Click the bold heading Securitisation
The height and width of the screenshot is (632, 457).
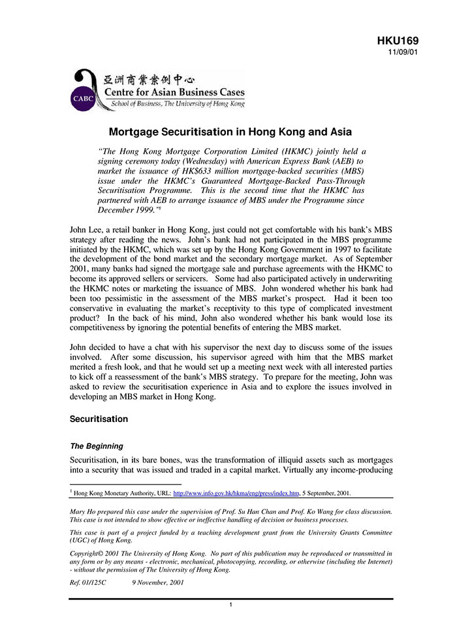coord(99,419)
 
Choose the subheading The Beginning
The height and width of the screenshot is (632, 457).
coord(96,446)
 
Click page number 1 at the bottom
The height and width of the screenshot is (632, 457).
coord(231,605)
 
